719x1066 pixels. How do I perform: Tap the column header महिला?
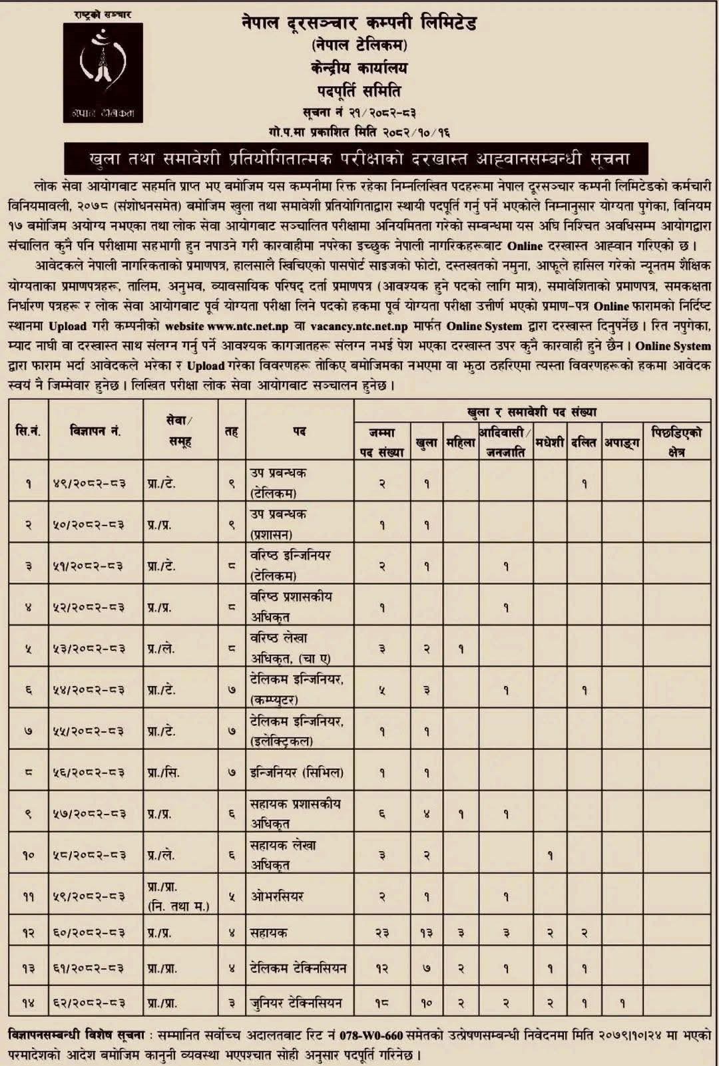coord(460,442)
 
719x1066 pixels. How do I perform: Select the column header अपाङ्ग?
coord(622,442)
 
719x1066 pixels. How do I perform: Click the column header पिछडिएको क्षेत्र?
coord(676,442)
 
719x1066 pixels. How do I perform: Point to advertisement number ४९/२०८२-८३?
coord(89,484)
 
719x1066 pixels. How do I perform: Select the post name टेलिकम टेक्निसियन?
coord(298,968)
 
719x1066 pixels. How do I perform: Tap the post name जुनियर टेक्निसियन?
coord(296,1002)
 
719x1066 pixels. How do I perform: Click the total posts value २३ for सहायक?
coord(382,934)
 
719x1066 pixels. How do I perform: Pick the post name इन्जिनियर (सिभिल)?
coord(296,773)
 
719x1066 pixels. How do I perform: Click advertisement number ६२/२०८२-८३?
coord(89,1002)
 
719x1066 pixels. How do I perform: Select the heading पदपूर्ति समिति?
coord(359,90)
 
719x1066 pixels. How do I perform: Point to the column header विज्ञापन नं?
coord(95,431)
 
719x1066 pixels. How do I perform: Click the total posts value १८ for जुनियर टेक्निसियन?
coord(382,1002)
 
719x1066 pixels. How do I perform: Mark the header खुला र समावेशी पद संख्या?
coord(532,412)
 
